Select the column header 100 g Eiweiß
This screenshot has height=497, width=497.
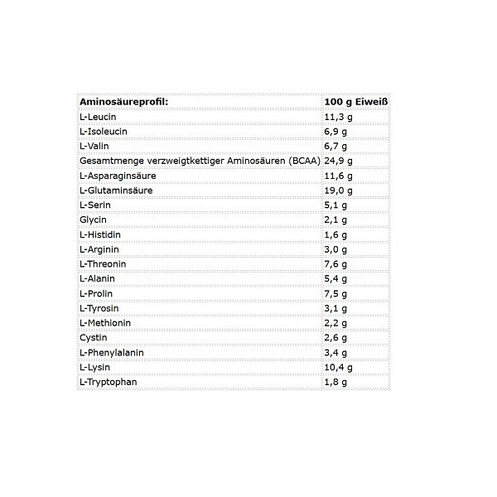click(x=357, y=101)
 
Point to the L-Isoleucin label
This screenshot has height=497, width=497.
click(x=103, y=132)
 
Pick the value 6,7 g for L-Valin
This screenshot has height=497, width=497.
click(x=336, y=146)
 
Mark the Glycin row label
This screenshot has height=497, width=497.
click(x=92, y=220)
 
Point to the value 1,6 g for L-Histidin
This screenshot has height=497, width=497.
click(x=336, y=234)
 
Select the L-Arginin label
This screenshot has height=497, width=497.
click(x=99, y=249)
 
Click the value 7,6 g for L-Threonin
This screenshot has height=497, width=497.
click(x=336, y=263)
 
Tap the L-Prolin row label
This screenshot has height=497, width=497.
click(x=96, y=293)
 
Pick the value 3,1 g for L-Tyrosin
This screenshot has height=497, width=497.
click(x=336, y=308)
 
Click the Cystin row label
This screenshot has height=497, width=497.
click(x=92, y=337)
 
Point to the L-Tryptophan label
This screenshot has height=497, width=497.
click(x=107, y=382)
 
